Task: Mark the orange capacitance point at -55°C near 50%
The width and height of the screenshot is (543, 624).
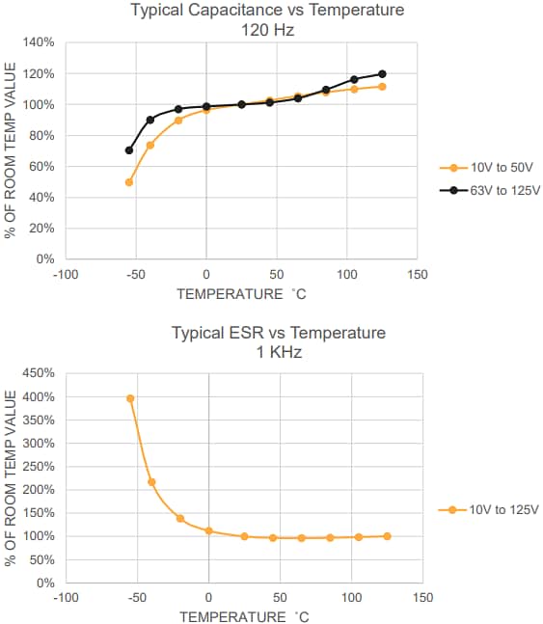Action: [129, 182]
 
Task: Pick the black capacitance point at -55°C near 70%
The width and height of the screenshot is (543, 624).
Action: [129, 150]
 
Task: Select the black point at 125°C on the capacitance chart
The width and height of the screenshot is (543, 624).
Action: [382, 74]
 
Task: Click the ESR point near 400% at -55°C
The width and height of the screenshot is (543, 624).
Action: [130, 398]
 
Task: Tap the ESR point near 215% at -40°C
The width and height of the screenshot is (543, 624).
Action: [151, 482]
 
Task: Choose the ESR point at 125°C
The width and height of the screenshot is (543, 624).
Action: [387, 536]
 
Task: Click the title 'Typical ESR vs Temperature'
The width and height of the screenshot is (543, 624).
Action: [279, 334]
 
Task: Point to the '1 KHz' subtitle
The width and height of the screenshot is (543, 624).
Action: [279, 352]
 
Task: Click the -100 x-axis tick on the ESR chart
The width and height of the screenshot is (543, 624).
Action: [66, 598]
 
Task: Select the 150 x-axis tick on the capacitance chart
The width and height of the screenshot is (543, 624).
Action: [418, 275]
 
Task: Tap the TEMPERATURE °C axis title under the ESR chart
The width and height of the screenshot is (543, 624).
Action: [244, 616]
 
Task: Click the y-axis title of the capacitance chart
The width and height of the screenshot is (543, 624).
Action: [11, 150]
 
